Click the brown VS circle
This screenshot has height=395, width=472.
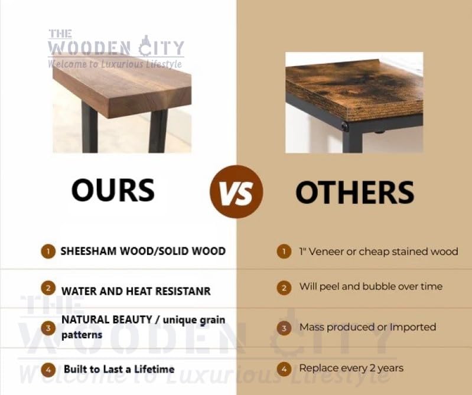click(x=236, y=192)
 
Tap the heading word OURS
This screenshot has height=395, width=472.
click(x=113, y=190)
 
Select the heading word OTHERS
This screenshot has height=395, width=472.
click(x=355, y=192)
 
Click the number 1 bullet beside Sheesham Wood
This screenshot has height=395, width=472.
click(x=48, y=252)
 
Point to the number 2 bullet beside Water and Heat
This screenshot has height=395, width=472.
click(x=48, y=288)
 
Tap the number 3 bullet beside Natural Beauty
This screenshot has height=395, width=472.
click(x=48, y=328)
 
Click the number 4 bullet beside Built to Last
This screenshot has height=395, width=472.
click(x=48, y=370)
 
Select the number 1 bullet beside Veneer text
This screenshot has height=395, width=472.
click(x=284, y=252)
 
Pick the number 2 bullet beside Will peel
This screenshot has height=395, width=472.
click(x=284, y=288)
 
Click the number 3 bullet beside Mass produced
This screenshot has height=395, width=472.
click(x=284, y=328)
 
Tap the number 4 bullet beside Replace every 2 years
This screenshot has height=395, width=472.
click(x=284, y=369)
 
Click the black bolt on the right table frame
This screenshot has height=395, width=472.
click(x=344, y=126)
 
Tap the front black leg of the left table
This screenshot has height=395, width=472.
click(x=158, y=132)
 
